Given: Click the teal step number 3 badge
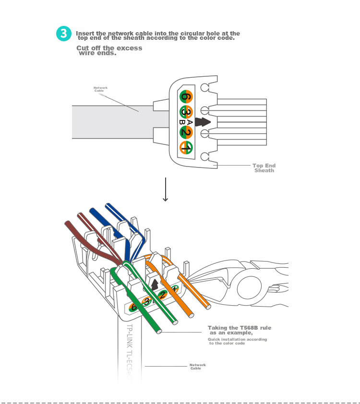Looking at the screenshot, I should point(64,34).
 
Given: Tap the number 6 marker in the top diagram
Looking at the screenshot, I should point(186,96).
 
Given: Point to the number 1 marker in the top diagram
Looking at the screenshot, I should point(186,148).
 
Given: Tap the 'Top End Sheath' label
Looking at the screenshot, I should point(264,168).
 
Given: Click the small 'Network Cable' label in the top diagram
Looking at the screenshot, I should point(100,89).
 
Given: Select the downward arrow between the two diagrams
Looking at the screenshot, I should point(166,190).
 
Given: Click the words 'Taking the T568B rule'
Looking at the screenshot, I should point(239,328).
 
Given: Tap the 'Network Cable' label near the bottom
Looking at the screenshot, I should point(197,367).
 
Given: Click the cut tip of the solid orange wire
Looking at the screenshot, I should point(208,306).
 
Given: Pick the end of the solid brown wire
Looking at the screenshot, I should point(67,223).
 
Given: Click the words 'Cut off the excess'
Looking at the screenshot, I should point(109,48).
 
